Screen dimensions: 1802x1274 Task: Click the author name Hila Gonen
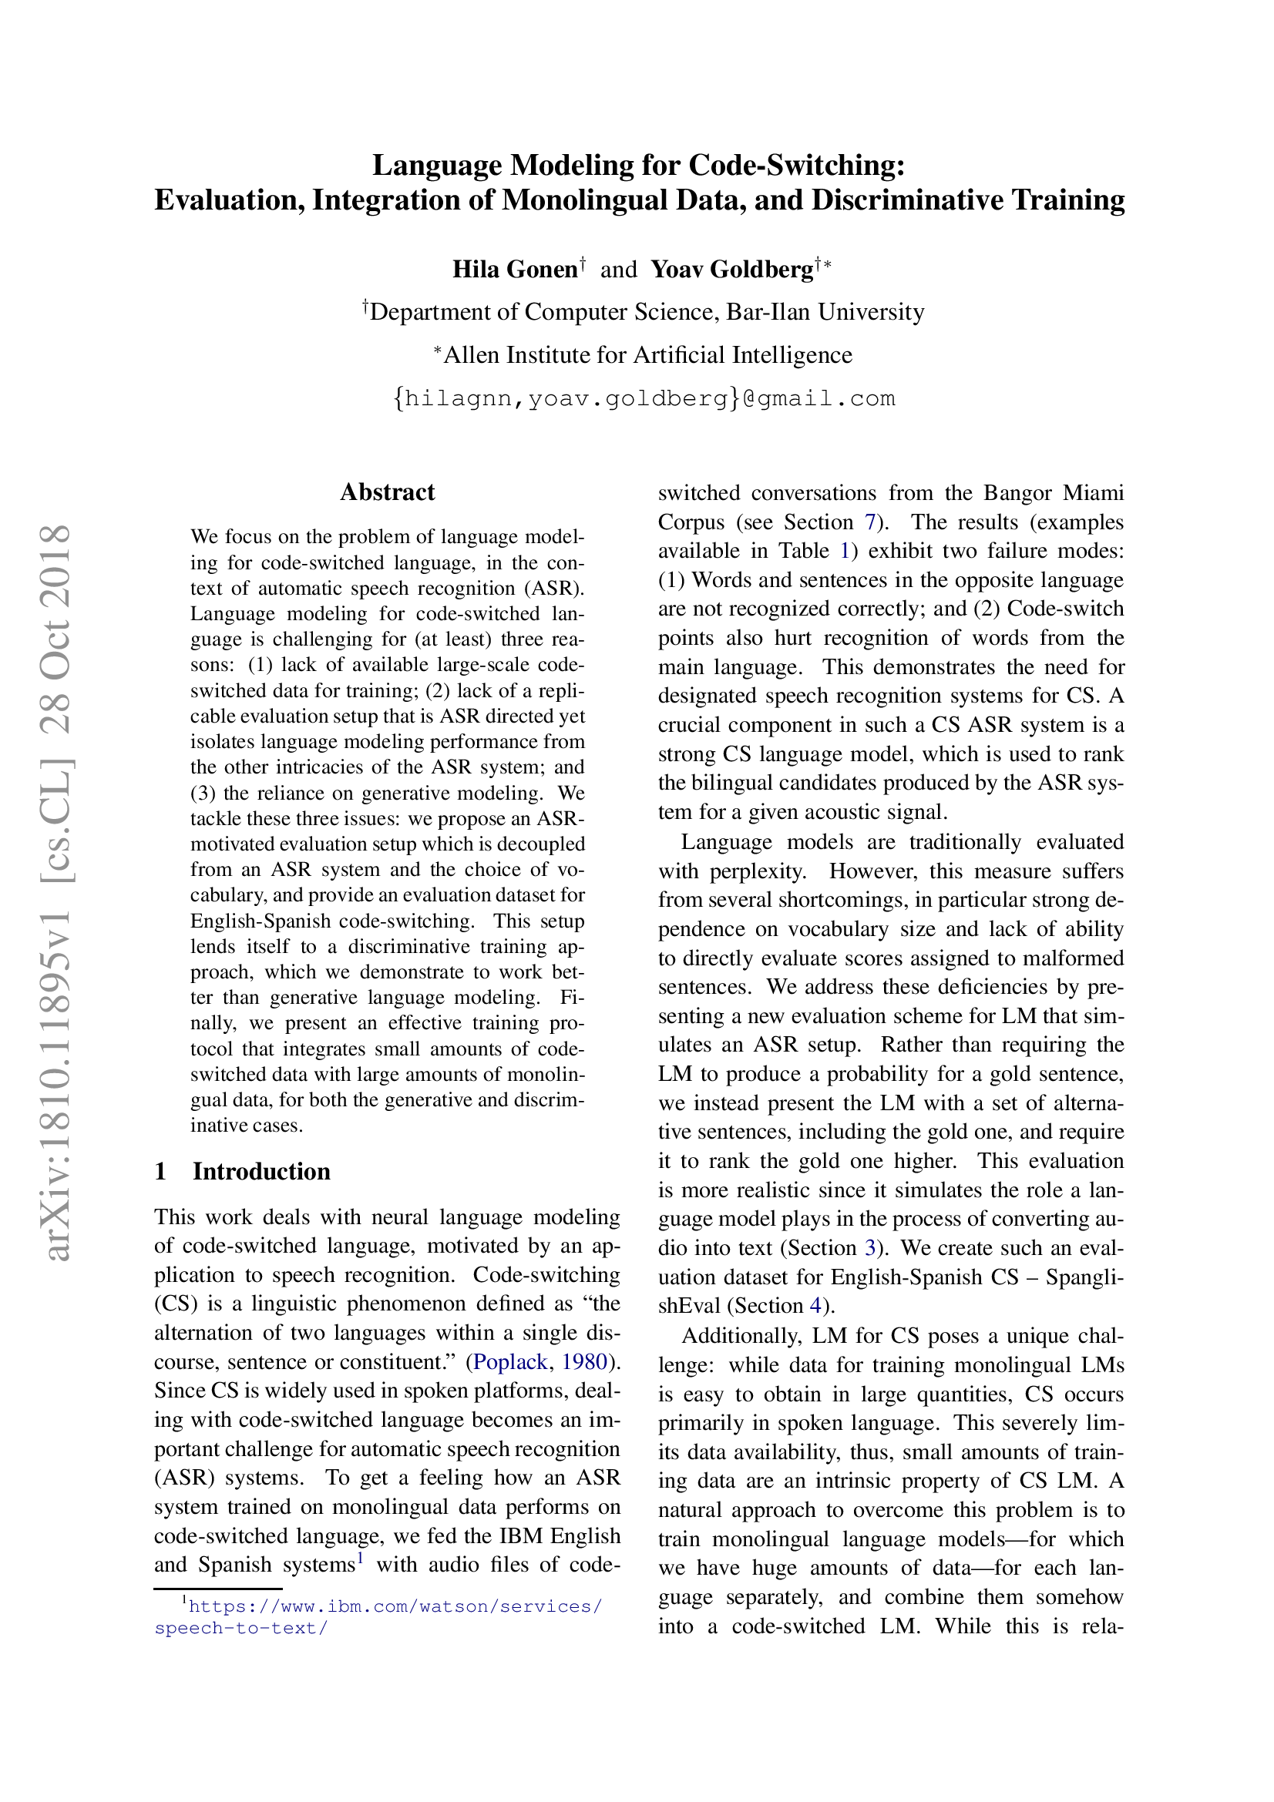point(515,269)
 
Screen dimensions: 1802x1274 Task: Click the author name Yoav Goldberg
point(731,269)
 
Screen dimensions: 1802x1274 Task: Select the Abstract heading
point(387,492)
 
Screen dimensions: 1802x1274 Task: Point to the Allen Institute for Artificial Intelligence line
point(644,354)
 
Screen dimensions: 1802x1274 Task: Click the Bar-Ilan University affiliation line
point(644,311)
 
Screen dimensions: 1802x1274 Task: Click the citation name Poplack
point(509,1361)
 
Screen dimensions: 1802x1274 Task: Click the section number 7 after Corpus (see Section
point(869,522)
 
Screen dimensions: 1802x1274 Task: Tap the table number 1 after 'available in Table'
point(845,551)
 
